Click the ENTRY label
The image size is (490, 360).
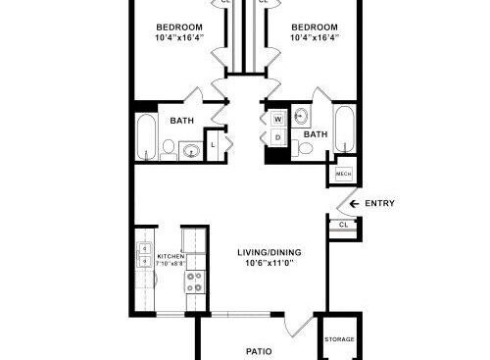click(379, 203)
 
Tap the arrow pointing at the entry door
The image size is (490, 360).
click(354, 204)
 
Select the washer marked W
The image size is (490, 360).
click(278, 119)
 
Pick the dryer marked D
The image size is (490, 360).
click(278, 137)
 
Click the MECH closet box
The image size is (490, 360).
click(343, 174)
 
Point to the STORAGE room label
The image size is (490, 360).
click(339, 339)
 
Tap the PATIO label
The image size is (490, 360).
click(259, 351)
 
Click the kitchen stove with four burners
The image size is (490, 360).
click(194, 283)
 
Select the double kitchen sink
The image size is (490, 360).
click(144, 255)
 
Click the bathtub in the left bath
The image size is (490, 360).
click(146, 136)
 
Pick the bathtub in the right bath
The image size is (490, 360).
click(344, 129)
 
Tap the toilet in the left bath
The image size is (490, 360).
click(169, 150)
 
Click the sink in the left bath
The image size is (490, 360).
click(191, 151)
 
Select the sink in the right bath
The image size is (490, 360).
click(301, 116)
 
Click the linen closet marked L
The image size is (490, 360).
click(213, 145)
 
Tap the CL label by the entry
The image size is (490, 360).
click(343, 225)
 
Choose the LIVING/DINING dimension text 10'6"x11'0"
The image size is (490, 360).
click(269, 263)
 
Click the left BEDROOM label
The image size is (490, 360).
click(179, 27)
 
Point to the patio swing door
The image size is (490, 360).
click(299, 326)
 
